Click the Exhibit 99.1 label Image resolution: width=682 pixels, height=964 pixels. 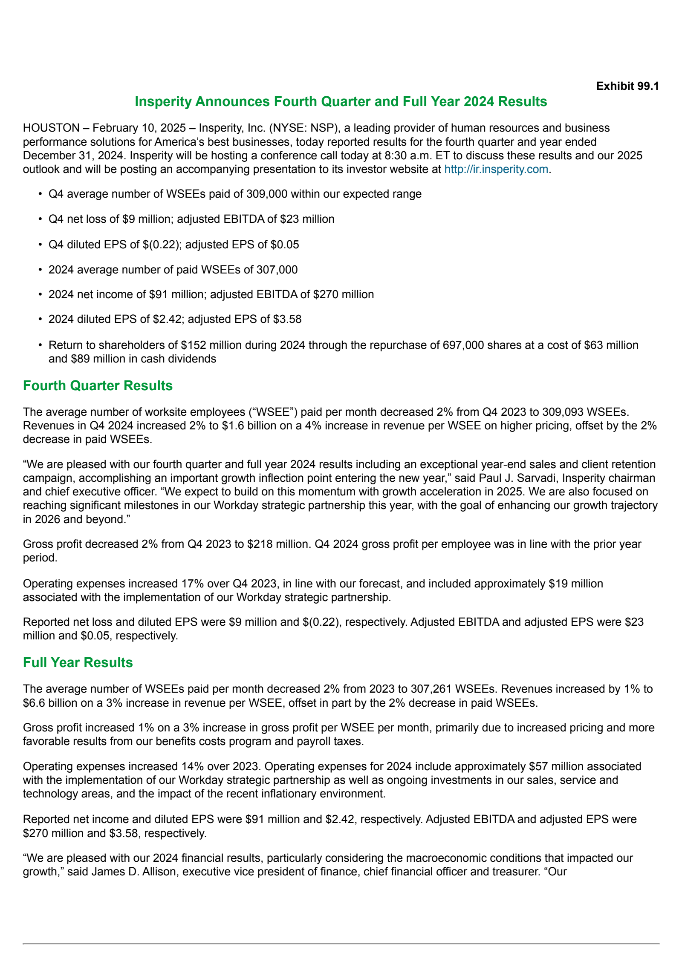627,86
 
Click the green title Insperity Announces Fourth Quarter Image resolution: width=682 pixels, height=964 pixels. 341,102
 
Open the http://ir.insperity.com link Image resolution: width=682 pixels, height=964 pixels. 496,169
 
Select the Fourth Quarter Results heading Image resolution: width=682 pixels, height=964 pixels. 98,386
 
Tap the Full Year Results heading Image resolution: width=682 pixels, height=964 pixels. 78,662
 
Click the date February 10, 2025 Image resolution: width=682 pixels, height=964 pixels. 139,128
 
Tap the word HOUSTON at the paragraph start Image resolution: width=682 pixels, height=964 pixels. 51,128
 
